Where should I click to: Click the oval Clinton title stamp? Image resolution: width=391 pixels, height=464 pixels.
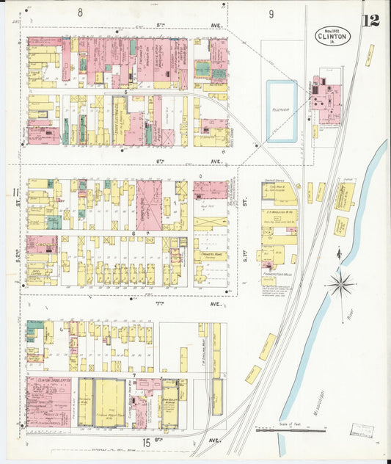[x=333, y=36]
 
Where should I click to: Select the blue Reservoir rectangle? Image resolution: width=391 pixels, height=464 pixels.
[x=282, y=112]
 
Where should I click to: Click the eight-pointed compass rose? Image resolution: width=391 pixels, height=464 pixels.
[x=340, y=283]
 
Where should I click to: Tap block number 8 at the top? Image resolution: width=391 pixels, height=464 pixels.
[x=80, y=13]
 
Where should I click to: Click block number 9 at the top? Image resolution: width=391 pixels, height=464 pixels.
[x=271, y=14]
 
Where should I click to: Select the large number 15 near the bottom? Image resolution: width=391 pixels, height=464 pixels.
[x=148, y=442]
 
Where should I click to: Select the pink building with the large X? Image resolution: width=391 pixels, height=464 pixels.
[x=150, y=205]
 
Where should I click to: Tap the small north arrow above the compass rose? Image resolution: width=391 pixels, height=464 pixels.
[x=338, y=255]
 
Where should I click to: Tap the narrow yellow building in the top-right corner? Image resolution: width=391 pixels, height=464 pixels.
[x=370, y=55]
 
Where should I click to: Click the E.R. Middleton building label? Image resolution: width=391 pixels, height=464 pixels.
[x=279, y=219]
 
